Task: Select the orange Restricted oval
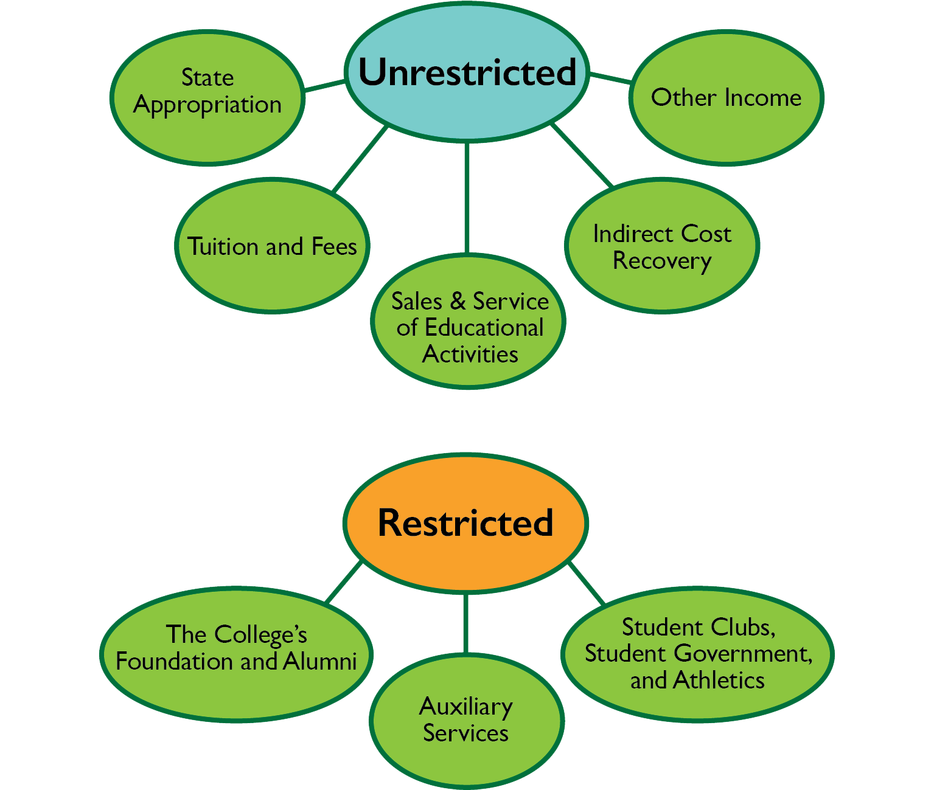[x=465, y=523]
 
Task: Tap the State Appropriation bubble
[x=207, y=97]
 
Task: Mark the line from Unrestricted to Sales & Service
[x=467, y=198]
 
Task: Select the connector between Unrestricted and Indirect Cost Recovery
[x=582, y=155]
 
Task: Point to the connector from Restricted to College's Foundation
[x=344, y=582]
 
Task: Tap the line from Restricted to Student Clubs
[x=587, y=583]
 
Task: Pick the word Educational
[x=484, y=328]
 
